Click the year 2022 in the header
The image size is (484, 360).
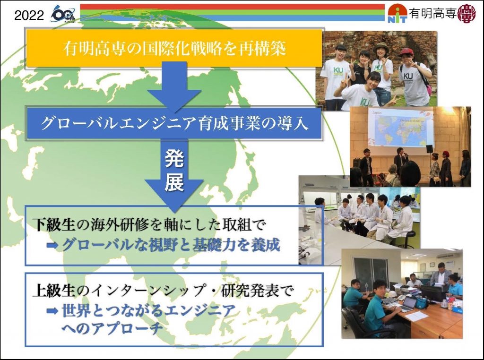tap(29, 15)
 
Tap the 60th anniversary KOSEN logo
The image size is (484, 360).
tap(63, 14)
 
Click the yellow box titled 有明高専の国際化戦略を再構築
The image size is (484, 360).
tap(174, 48)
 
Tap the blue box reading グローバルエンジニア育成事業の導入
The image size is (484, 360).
tap(174, 123)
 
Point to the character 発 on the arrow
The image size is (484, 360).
tap(174, 159)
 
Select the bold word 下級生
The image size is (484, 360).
tap(54, 224)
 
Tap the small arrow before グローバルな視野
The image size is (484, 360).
tap(52, 246)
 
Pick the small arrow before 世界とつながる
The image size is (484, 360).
tap(52, 311)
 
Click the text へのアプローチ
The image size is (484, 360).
tap(112, 328)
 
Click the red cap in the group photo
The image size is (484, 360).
tap(406, 51)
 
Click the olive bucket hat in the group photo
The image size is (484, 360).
tap(380, 47)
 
